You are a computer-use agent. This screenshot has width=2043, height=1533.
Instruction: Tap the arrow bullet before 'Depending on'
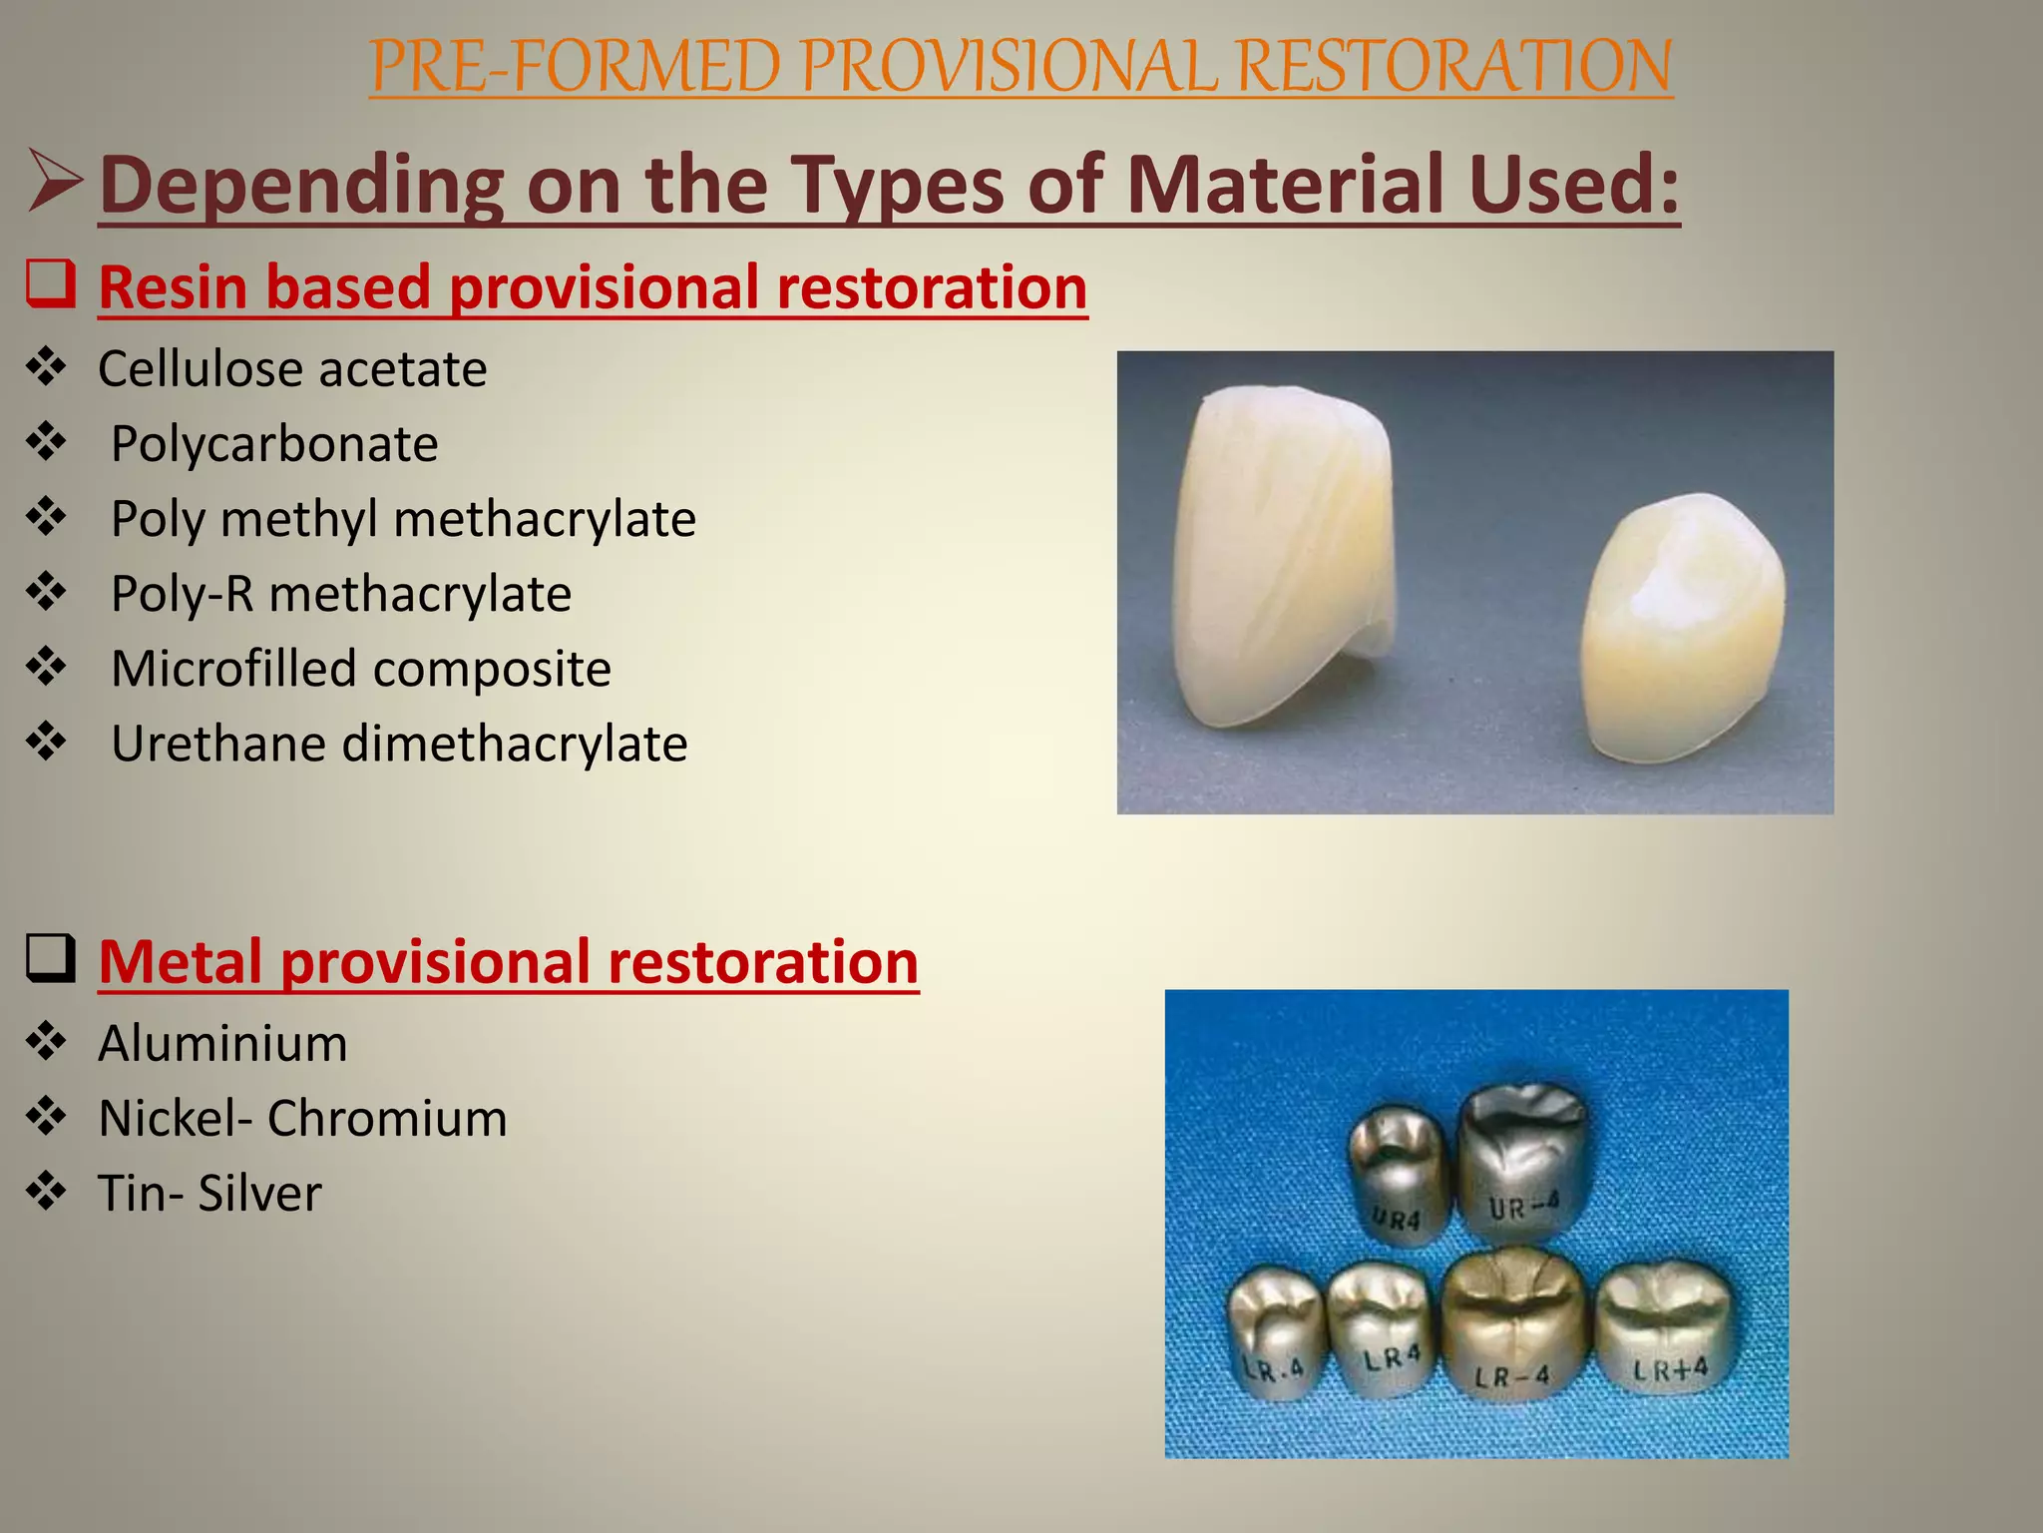click(55, 182)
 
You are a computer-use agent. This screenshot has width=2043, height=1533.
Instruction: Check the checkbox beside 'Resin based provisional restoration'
click(50, 284)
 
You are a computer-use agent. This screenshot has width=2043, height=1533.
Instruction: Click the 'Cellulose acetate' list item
click(292, 369)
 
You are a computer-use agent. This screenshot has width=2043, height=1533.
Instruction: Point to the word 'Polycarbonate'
click(274, 444)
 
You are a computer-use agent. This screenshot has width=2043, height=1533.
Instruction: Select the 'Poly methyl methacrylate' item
click(403, 519)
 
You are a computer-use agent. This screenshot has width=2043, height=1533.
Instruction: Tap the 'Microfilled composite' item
click(360, 669)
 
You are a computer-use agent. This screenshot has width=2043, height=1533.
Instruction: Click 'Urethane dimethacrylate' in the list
click(399, 745)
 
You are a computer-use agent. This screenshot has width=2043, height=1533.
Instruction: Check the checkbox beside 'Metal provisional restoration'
click(50, 959)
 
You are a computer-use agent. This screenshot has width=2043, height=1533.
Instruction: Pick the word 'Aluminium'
click(223, 1044)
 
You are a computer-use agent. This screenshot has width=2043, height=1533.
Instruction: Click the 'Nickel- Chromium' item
click(302, 1119)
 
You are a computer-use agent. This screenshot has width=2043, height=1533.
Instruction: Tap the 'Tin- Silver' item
click(209, 1194)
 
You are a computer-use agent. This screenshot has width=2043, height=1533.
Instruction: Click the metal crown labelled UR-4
click(1522, 1163)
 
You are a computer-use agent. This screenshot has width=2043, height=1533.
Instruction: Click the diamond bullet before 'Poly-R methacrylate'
click(47, 593)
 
